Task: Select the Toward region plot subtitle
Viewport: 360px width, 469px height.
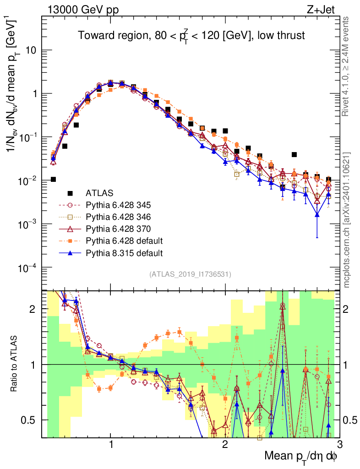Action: click(191, 35)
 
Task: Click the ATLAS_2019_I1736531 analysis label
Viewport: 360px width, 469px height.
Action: click(190, 275)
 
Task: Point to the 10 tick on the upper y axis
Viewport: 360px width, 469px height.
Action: click(31, 50)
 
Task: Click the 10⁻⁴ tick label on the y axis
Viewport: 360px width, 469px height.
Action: click(27, 267)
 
